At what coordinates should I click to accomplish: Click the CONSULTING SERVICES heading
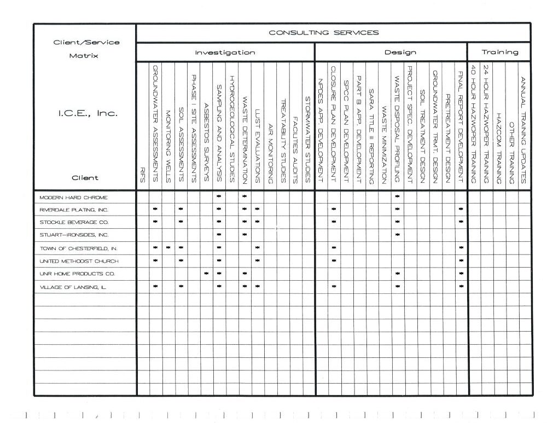(323, 33)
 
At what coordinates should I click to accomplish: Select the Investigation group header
(225, 53)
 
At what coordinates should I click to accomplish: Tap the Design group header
(400, 53)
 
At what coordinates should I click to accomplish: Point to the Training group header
(499, 53)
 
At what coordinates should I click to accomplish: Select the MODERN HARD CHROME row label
(73, 197)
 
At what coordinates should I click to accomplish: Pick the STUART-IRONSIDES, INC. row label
(74, 235)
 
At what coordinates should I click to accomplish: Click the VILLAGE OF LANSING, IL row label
(73, 287)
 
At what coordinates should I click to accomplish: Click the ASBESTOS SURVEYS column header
(206, 142)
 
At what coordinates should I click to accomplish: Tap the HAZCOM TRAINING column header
(498, 148)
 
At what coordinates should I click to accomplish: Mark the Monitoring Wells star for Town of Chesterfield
(168, 248)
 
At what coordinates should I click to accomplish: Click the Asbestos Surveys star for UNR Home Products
(206, 274)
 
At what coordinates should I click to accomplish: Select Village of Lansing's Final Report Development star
(461, 286)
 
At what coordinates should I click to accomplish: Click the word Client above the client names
(84, 177)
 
